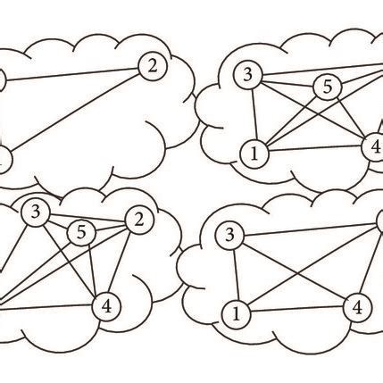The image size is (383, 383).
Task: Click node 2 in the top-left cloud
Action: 153,64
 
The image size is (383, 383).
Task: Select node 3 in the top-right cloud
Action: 246,74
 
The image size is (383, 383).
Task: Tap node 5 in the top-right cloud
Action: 327,87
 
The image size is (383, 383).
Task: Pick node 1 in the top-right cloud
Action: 254,154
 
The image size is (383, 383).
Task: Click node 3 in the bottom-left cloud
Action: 36,212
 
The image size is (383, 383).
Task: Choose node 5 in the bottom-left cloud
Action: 81,232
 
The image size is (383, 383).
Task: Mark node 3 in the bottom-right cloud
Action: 230,235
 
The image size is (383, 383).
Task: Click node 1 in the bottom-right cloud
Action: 237,313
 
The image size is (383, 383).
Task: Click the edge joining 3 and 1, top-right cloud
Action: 250,114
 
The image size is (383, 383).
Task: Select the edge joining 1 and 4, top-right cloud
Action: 312,150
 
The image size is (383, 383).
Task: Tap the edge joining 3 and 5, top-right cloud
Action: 286,80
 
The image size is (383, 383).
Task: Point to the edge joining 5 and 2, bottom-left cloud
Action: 109,226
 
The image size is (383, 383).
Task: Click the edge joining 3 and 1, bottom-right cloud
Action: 233,274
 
